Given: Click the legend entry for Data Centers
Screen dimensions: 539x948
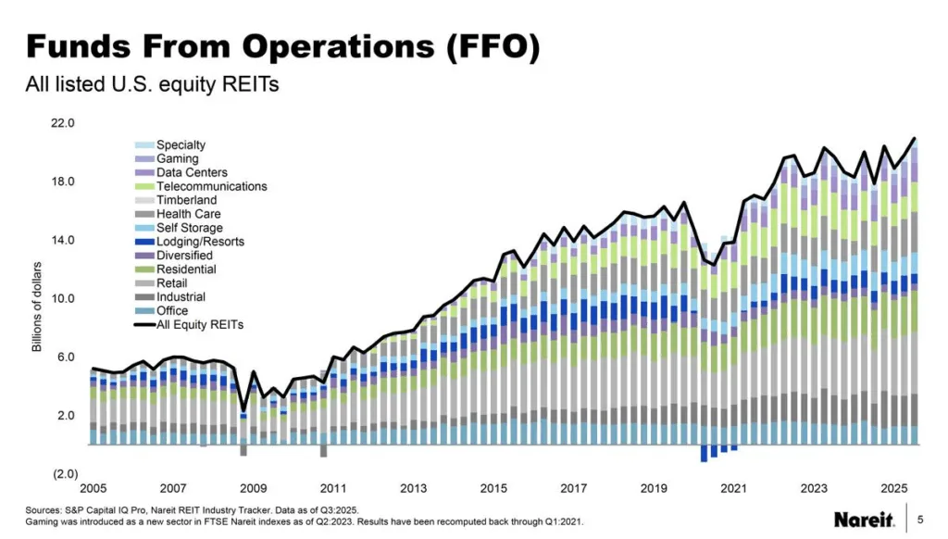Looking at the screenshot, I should tap(192, 172).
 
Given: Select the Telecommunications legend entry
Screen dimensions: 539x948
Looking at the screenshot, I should tap(211, 186).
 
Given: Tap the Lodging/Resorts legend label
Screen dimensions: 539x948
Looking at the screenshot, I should tap(199, 242).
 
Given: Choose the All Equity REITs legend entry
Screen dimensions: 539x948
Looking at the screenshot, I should tap(200, 325).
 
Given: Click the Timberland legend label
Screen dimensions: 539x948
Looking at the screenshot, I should tap(186, 200).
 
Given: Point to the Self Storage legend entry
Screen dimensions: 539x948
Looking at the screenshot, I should tap(190, 228).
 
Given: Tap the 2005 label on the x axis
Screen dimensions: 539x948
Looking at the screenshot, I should tap(93, 488).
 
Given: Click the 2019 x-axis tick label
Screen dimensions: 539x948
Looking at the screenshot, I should tap(654, 488).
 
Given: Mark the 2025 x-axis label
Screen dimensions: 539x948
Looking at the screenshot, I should tap(893, 488).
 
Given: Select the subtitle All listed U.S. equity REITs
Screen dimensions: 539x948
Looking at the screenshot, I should tap(151, 84).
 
